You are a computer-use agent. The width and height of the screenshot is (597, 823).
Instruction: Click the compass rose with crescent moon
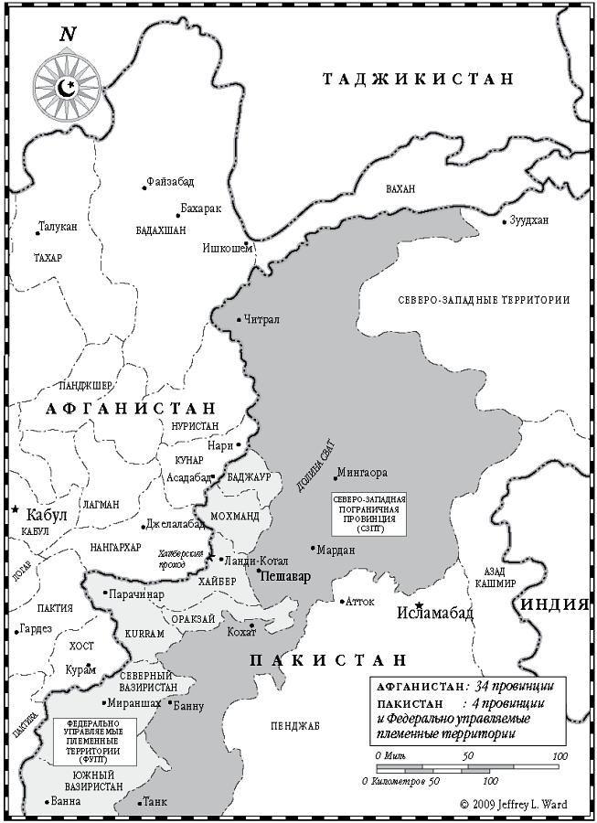[x=66, y=88]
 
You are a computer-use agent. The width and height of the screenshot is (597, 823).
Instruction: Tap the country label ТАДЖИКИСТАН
[x=419, y=80]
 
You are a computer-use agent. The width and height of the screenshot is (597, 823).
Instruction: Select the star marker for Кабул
[x=16, y=508]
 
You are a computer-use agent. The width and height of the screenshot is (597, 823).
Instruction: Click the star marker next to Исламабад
[x=419, y=605]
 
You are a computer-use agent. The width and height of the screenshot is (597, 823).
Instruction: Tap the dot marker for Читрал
[x=239, y=320]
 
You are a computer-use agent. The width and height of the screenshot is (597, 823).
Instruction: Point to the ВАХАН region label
[x=400, y=188]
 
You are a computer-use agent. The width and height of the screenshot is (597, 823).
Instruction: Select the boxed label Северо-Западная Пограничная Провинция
[x=368, y=516]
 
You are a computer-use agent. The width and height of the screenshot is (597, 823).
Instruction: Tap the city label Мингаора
[x=363, y=474]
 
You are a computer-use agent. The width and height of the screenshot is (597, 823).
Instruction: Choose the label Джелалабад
[x=174, y=524]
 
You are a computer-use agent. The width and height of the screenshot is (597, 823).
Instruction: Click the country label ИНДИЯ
[x=554, y=604]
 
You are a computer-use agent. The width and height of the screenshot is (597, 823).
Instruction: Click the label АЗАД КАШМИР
[x=496, y=575]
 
